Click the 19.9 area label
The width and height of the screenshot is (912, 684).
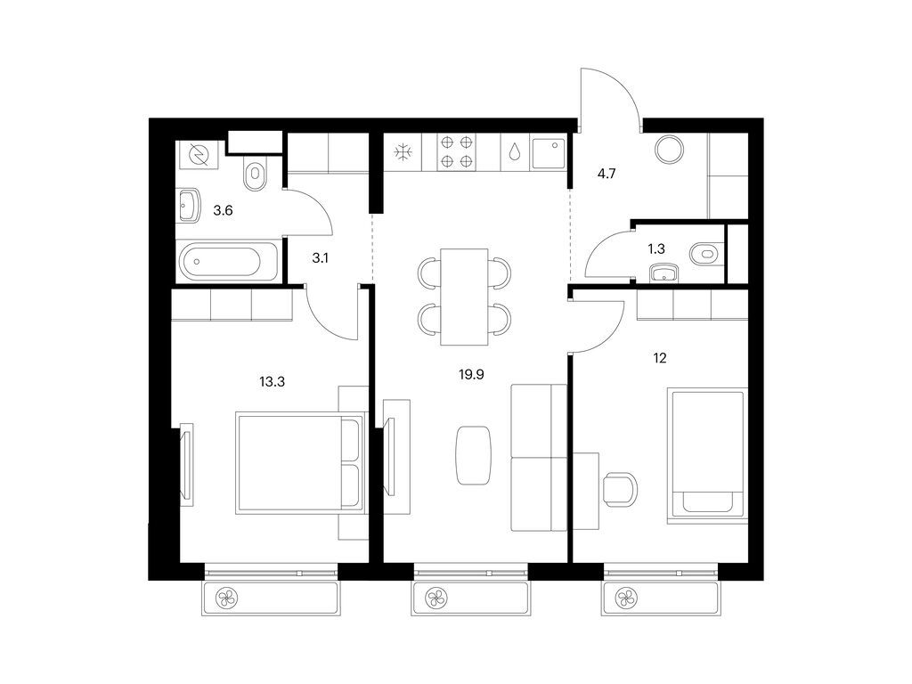pyautogui.click(x=471, y=375)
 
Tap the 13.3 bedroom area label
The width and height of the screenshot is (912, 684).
pyautogui.click(x=272, y=382)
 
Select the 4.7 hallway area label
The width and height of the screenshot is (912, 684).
pyautogui.click(x=607, y=174)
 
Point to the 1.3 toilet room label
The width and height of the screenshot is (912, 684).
pyautogui.click(x=656, y=249)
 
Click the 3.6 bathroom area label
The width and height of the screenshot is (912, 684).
pyautogui.click(x=223, y=210)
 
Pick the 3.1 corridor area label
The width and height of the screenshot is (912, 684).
pyautogui.click(x=320, y=257)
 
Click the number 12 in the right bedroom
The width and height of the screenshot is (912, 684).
pyautogui.click(x=660, y=358)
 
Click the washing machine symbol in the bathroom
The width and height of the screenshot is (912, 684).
pyautogui.click(x=199, y=155)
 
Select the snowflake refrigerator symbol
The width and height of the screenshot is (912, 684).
pyautogui.click(x=403, y=153)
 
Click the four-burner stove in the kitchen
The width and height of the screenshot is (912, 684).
pyautogui.click(x=457, y=151)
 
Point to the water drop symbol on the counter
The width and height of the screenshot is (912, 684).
pyautogui.click(x=515, y=152)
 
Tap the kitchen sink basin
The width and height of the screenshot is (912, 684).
pyautogui.click(x=548, y=152)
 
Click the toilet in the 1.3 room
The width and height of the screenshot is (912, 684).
pyautogui.click(x=704, y=254)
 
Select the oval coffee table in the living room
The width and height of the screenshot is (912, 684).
pyautogui.click(x=474, y=455)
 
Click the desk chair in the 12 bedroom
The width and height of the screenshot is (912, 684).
pyautogui.click(x=620, y=489)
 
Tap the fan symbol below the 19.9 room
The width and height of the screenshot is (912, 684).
pyautogui.click(x=435, y=598)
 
